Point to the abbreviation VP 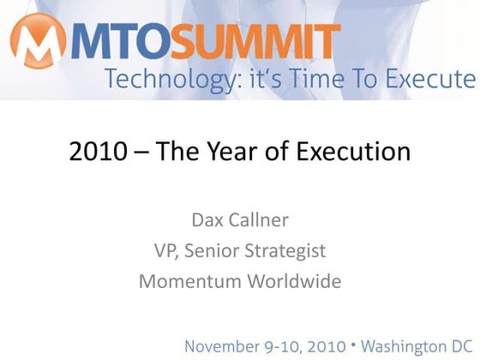(164, 250)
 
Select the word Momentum (185, 280)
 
